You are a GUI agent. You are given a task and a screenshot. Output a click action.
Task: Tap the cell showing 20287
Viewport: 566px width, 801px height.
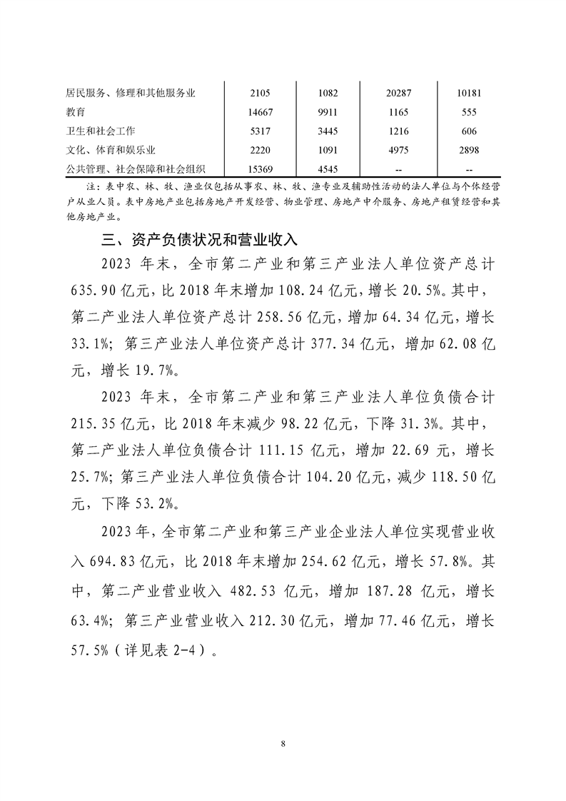point(396,93)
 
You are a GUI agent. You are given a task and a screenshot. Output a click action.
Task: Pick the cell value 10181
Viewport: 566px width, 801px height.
point(470,93)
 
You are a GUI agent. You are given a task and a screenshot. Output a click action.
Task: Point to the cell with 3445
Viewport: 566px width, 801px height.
point(329,131)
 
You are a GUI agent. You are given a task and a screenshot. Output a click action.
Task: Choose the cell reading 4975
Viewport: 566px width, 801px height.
point(396,150)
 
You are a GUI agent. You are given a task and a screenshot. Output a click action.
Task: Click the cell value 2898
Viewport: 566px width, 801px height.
point(470,150)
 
